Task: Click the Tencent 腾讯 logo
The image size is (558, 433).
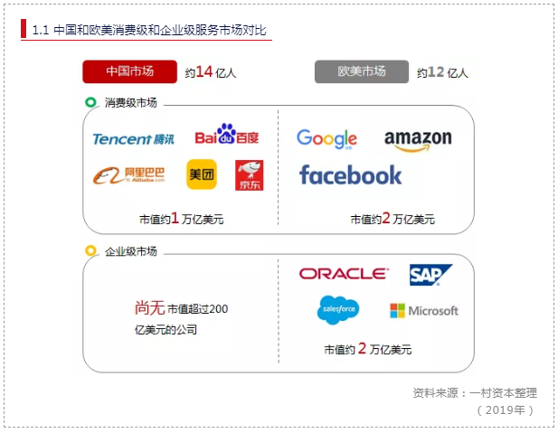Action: coord(133,138)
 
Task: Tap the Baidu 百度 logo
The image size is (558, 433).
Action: coord(227,136)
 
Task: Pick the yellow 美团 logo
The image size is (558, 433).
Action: coord(202,174)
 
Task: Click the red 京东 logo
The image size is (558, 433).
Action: coord(250,175)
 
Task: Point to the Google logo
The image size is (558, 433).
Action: coord(326,138)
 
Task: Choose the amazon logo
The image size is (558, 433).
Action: coord(418,139)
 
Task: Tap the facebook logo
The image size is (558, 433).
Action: coord(350,174)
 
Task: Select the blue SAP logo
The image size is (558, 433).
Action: coord(430,274)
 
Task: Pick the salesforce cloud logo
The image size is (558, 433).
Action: coord(338,309)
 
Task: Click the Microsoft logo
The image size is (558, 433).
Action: coord(423,311)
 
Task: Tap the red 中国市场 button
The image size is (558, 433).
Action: coord(128,71)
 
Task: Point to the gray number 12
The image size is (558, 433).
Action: coord(436,72)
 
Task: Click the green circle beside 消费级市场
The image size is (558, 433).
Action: coord(90,102)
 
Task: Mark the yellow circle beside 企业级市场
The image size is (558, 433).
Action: coord(90,250)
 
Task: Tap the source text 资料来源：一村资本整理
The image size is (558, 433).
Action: coord(474,392)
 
